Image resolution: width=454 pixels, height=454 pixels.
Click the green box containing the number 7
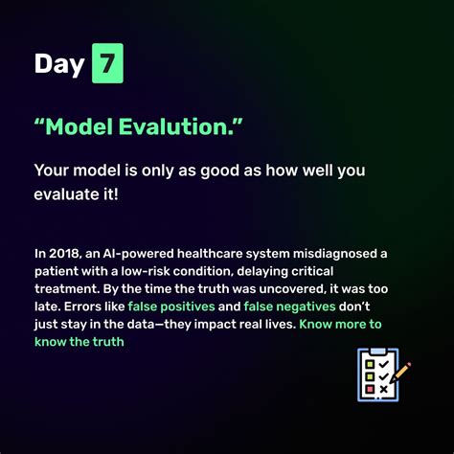[x=107, y=63]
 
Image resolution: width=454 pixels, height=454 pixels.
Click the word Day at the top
[x=59, y=64]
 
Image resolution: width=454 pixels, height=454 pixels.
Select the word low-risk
[x=145, y=271]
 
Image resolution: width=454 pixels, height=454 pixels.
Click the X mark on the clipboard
[x=384, y=389]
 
